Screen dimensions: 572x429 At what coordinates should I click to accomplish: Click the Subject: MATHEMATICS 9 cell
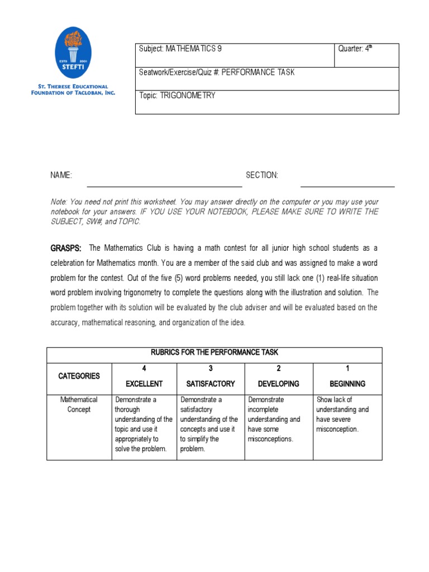[180, 49]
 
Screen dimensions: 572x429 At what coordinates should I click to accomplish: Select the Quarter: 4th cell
[355, 49]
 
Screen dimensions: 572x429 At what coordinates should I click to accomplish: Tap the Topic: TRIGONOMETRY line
[177, 96]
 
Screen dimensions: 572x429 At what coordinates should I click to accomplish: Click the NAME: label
[61, 175]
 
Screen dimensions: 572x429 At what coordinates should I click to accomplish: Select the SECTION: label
[261, 175]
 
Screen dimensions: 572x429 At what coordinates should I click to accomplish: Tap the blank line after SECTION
[347, 184]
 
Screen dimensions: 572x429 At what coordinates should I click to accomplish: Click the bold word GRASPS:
[66, 247]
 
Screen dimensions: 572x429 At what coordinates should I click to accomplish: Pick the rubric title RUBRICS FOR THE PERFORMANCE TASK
[214, 352]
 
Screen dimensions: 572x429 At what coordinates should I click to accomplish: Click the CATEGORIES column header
[79, 376]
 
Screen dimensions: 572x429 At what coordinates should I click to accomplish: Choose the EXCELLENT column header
[144, 384]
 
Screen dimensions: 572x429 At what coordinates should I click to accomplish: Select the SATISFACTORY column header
[211, 384]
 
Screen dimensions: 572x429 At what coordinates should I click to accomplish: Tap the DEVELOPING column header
[279, 384]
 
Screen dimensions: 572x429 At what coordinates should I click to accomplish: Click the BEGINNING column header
[347, 384]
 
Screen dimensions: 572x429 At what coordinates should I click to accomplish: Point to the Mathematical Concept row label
[79, 404]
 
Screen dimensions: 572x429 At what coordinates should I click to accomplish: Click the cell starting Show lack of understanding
[343, 414]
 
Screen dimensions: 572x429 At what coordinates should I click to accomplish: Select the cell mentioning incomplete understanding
[274, 419]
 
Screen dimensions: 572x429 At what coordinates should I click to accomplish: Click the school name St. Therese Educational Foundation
[73, 89]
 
